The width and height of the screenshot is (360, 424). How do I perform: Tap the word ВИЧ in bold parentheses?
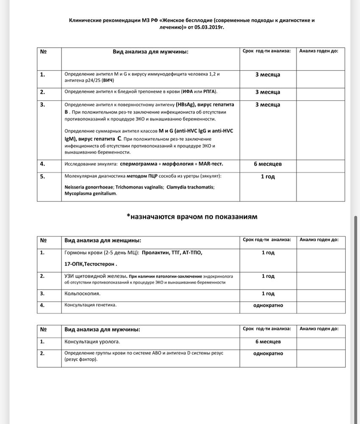[x=108, y=80]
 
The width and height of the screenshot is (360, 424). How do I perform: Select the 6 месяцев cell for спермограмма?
[x=268, y=164]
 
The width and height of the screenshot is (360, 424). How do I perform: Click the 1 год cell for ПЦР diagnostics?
[x=268, y=176]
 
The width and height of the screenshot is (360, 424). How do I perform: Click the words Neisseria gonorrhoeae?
[x=89, y=187]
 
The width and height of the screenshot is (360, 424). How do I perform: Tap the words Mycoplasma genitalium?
[x=90, y=193]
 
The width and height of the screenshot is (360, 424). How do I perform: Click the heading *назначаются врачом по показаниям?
[x=191, y=216]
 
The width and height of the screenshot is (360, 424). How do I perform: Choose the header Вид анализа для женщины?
[x=102, y=240]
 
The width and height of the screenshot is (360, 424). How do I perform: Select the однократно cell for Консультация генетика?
[x=268, y=305]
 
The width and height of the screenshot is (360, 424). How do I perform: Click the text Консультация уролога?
[x=92, y=341]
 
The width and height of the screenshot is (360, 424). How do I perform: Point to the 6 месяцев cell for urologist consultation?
[x=268, y=341]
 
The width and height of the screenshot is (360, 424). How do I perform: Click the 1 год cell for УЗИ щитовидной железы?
[x=268, y=276]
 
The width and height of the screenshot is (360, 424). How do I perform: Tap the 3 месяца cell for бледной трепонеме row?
[x=268, y=92]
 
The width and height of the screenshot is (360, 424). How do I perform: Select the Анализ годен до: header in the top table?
[x=318, y=51]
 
